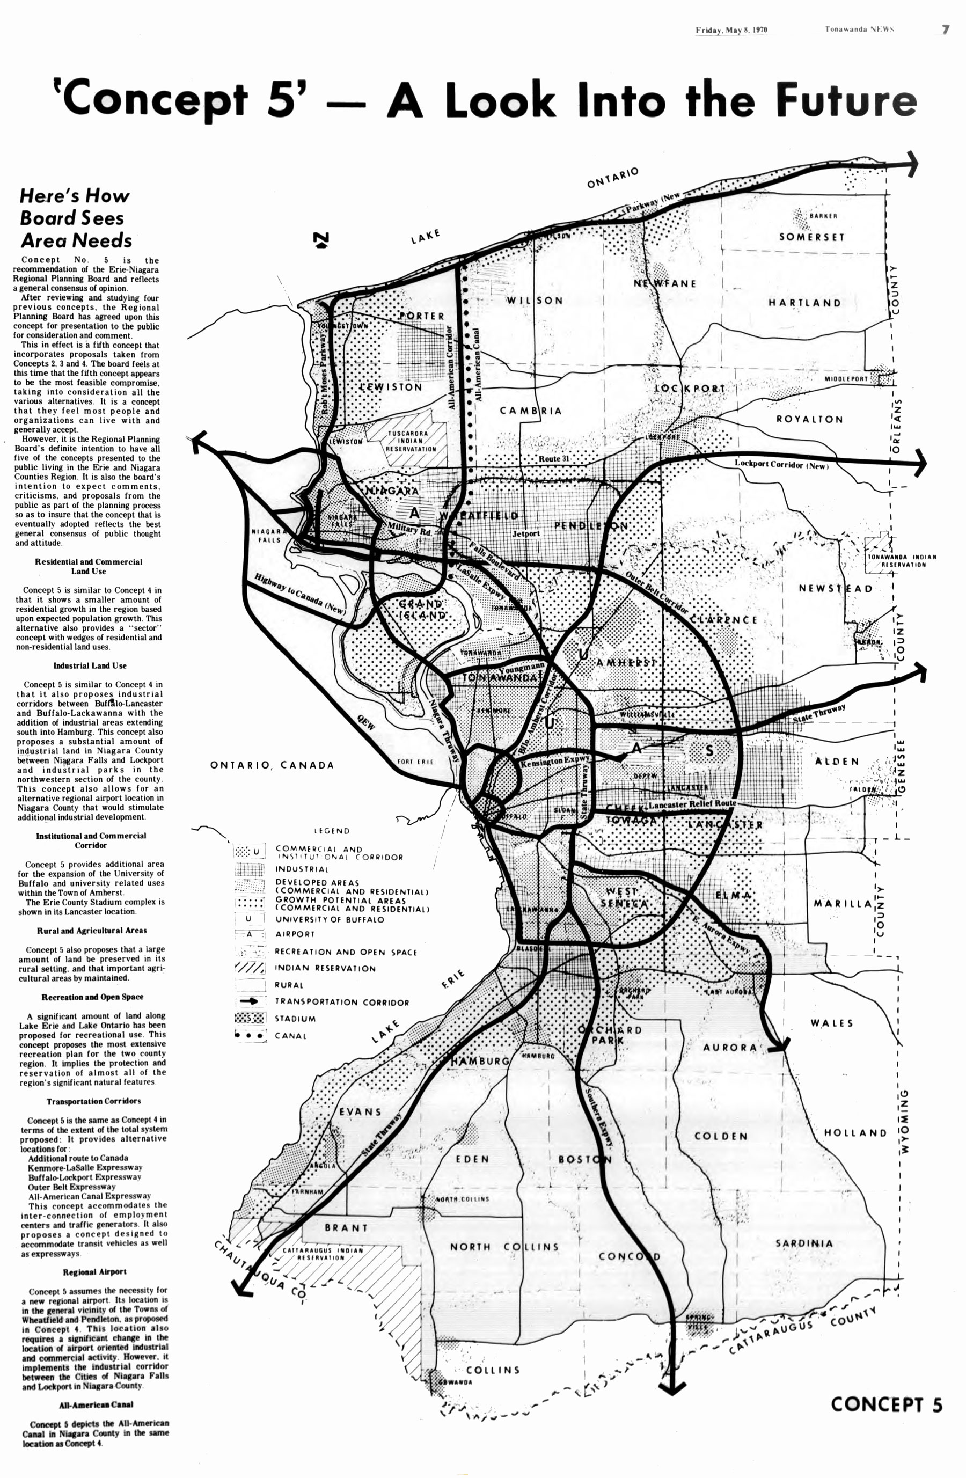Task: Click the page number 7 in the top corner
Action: (x=945, y=29)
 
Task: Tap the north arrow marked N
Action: (x=321, y=240)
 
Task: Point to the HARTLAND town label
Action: (x=804, y=303)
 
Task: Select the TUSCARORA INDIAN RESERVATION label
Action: (x=411, y=441)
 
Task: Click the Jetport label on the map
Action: (x=525, y=533)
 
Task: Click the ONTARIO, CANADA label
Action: (x=272, y=765)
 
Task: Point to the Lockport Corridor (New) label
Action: (x=781, y=464)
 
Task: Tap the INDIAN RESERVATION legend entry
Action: (x=325, y=968)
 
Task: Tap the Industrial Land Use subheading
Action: (x=90, y=665)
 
